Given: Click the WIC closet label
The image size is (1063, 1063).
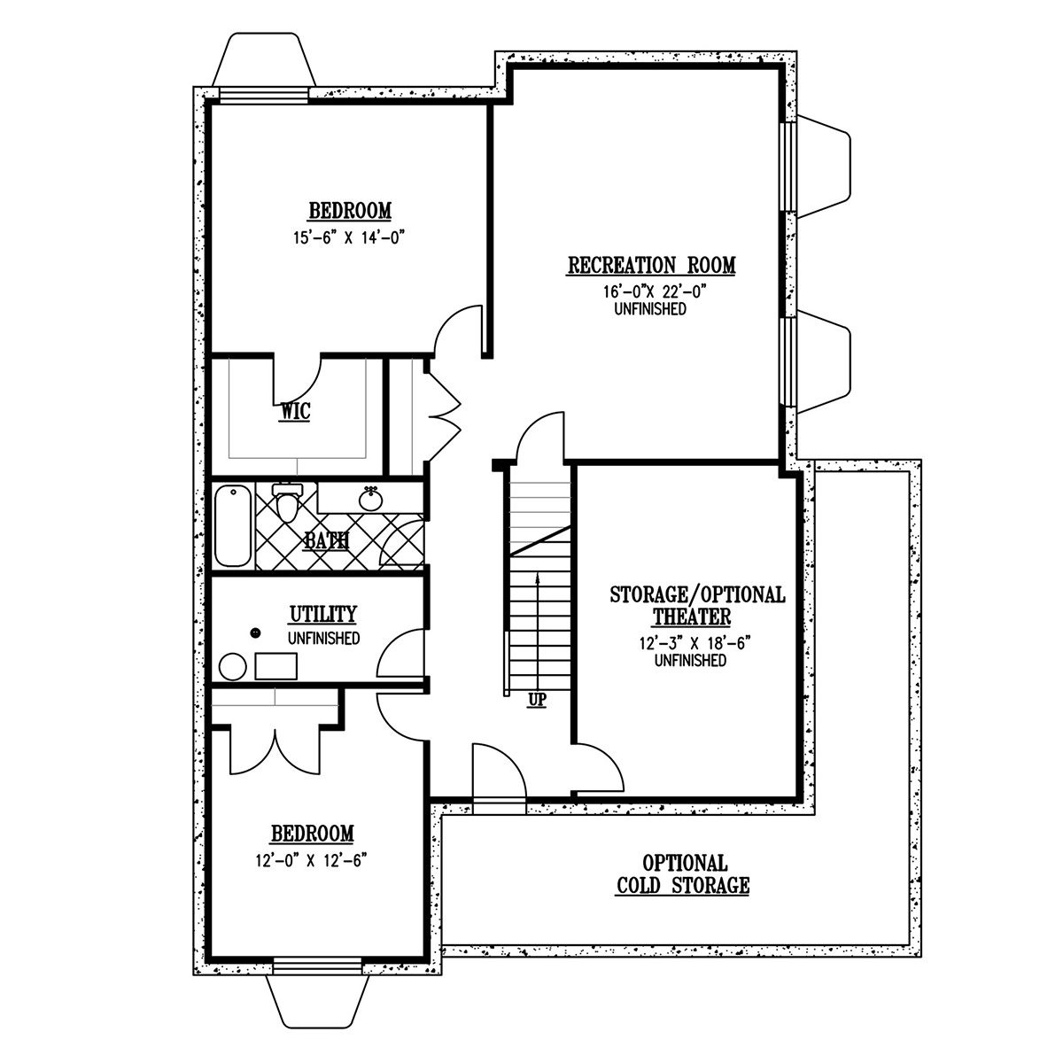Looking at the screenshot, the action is [x=296, y=412].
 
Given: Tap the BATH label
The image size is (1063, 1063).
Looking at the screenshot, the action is [x=327, y=540].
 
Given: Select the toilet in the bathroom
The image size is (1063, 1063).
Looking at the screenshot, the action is [x=287, y=502].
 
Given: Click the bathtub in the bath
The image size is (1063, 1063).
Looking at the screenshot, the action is [x=233, y=525].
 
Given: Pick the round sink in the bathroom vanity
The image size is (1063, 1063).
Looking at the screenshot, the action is [x=370, y=499].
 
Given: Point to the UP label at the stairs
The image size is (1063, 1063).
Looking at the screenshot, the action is [x=537, y=701].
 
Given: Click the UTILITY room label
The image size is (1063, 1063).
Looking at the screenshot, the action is [x=323, y=614].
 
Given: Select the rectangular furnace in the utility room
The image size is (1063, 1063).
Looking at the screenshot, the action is [x=275, y=666].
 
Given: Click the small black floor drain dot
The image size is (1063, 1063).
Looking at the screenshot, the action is [x=255, y=632].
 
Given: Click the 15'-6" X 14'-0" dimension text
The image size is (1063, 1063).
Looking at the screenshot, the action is [x=349, y=237].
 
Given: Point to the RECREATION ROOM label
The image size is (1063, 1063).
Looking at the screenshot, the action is [x=651, y=266].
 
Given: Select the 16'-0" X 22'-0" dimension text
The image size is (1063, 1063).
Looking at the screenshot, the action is [x=655, y=291].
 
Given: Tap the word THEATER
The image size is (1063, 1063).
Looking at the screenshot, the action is [x=692, y=617].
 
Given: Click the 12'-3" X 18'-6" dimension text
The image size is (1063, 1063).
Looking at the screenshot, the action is [x=695, y=643].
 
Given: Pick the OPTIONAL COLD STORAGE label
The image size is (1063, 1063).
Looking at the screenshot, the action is [x=683, y=873].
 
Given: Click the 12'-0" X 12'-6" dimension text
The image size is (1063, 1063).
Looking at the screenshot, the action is [x=311, y=860].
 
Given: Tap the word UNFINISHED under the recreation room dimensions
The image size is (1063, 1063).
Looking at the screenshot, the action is [x=650, y=309].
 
